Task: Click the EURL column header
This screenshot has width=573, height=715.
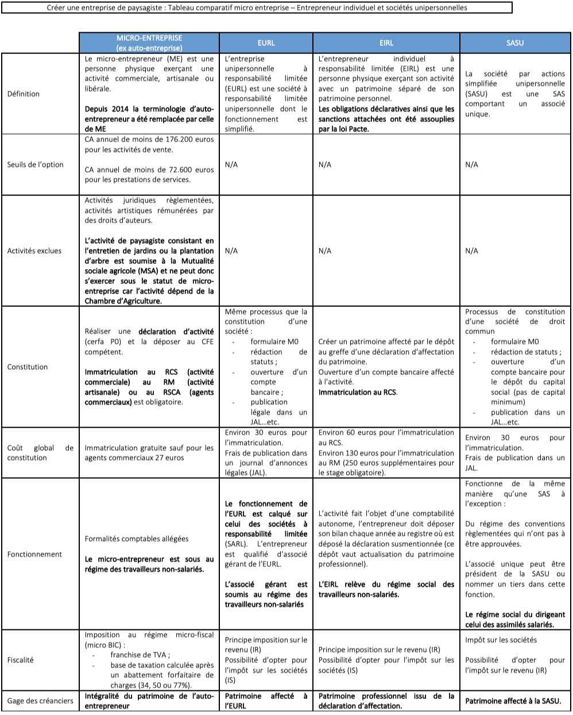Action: (266, 43)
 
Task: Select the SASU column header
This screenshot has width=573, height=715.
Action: (515, 43)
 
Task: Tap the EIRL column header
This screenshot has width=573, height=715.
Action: (386, 43)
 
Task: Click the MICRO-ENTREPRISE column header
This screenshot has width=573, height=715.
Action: (149, 43)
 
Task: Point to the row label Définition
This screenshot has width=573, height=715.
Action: (24, 94)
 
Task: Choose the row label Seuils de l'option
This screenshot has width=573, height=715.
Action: (36, 164)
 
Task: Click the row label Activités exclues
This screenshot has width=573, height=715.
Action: (34, 251)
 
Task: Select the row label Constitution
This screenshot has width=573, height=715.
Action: (28, 367)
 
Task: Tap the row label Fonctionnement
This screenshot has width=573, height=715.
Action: (34, 554)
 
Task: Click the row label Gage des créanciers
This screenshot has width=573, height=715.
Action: (40, 700)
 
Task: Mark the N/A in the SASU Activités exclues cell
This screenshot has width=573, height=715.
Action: (471, 251)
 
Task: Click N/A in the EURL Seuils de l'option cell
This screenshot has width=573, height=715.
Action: (231, 164)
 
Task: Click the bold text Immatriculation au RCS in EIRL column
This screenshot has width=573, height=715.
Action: (357, 392)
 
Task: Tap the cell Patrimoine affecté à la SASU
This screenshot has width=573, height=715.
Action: (513, 701)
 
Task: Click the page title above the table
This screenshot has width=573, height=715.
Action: (257, 8)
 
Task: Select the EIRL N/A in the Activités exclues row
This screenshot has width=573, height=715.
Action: (324, 251)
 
